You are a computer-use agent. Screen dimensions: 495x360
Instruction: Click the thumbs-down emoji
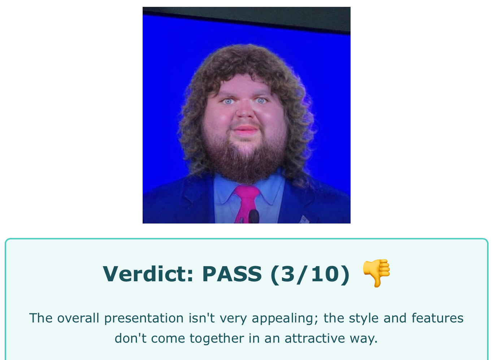click(x=376, y=273)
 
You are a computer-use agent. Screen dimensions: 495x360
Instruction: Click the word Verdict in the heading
click(x=148, y=274)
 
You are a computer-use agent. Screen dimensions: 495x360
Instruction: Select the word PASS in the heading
click(x=232, y=274)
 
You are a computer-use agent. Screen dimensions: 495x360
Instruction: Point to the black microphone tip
click(x=254, y=216)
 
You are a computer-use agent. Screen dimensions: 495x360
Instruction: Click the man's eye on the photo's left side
click(x=228, y=101)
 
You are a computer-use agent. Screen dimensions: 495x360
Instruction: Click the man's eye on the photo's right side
click(x=261, y=100)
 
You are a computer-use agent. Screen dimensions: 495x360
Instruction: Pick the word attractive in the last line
click(x=315, y=338)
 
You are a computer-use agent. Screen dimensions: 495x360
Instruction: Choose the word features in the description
click(x=437, y=318)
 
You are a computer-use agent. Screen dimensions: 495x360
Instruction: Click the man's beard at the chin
click(x=246, y=164)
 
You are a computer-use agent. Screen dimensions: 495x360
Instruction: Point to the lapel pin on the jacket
click(x=304, y=220)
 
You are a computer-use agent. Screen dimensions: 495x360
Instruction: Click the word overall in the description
click(x=78, y=318)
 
